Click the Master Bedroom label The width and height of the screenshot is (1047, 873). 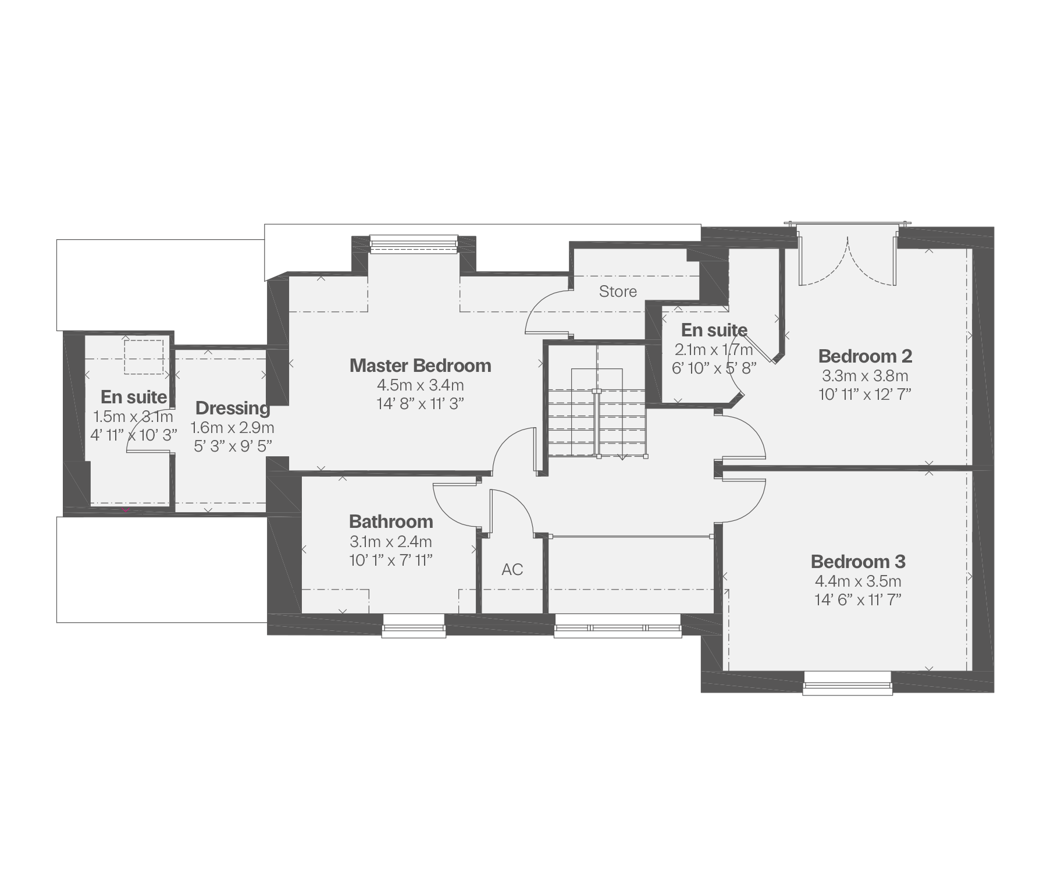[x=420, y=365]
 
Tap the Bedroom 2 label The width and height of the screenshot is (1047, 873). [x=865, y=356]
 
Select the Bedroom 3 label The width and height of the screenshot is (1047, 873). [x=858, y=562]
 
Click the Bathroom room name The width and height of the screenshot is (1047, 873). [x=391, y=521]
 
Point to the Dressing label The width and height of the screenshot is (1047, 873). [x=233, y=409]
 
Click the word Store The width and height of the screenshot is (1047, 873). [x=618, y=292]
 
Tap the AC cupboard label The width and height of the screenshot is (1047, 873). [x=512, y=569]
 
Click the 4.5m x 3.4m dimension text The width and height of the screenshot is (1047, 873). [x=420, y=385]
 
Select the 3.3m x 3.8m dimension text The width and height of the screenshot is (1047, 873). [x=865, y=375]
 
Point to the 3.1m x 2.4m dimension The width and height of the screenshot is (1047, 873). [x=391, y=542]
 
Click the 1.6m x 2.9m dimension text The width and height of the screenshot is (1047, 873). [x=233, y=428]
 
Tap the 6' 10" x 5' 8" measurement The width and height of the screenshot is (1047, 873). [x=714, y=368]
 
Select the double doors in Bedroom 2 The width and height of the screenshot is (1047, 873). [x=847, y=259]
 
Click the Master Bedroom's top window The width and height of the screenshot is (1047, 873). [x=414, y=244]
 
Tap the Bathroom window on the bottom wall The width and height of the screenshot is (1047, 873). [x=414, y=625]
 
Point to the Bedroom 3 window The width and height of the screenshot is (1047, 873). [x=847, y=683]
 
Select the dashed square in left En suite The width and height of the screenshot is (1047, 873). [x=144, y=357]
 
